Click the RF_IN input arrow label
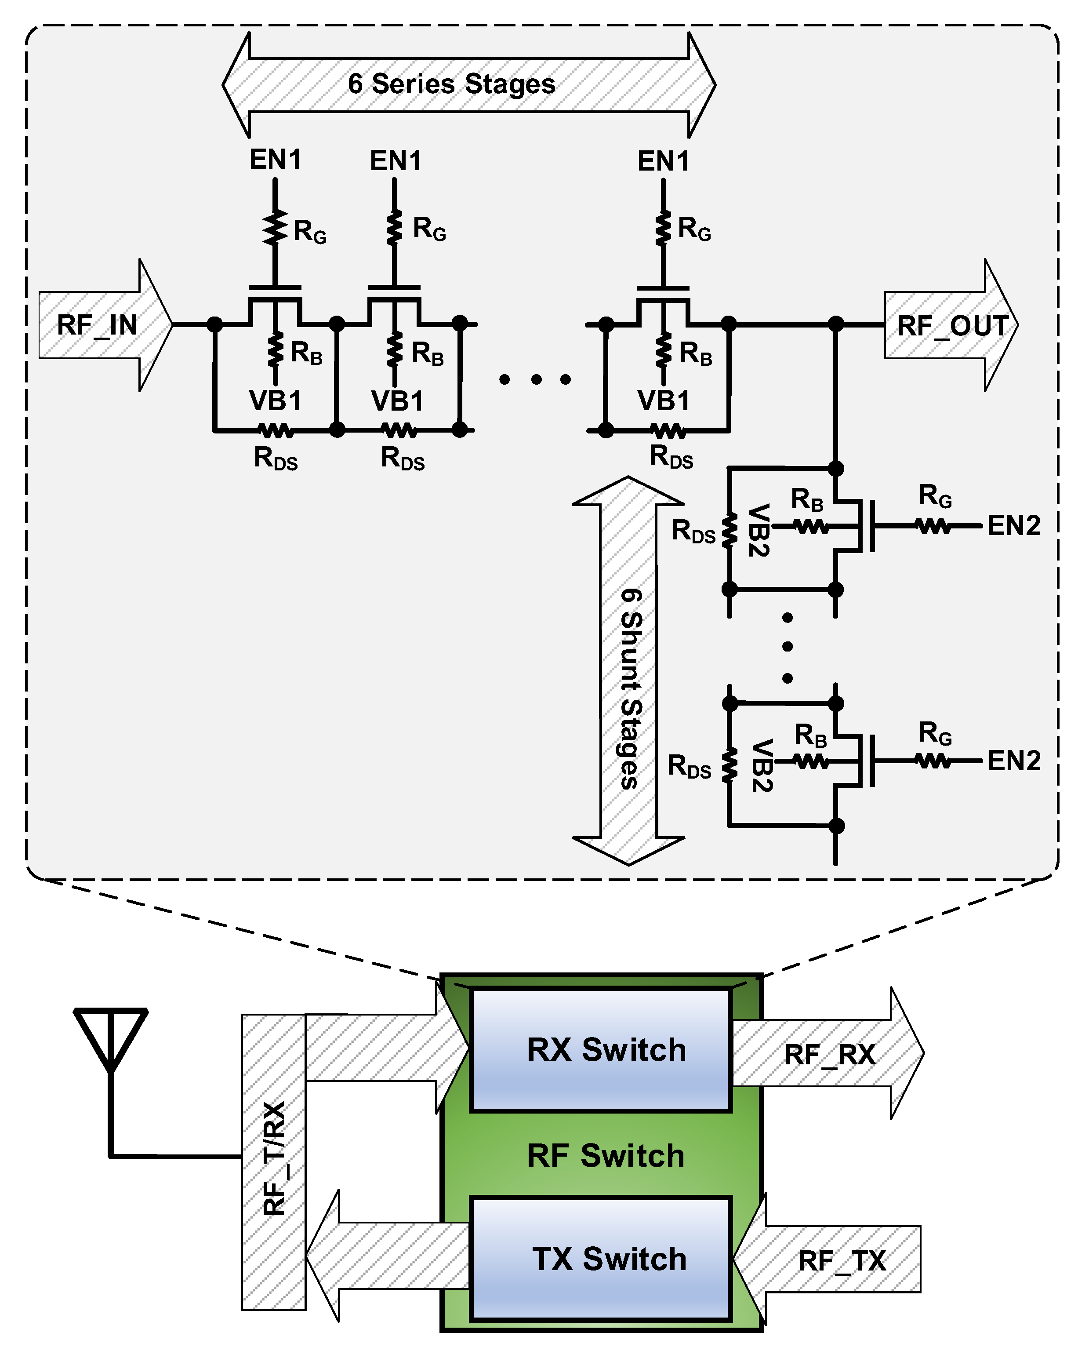coord(98,325)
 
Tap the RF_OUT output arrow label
coord(952,326)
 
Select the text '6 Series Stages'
coord(452,84)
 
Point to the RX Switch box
coord(600,1050)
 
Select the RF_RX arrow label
coord(829,1055)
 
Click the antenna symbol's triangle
coord(111,1036)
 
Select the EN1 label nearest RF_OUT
coord(663,161)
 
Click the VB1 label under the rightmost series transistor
coord(663,400)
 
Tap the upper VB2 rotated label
coord(758,530)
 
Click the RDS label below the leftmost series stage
coord(276,459)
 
